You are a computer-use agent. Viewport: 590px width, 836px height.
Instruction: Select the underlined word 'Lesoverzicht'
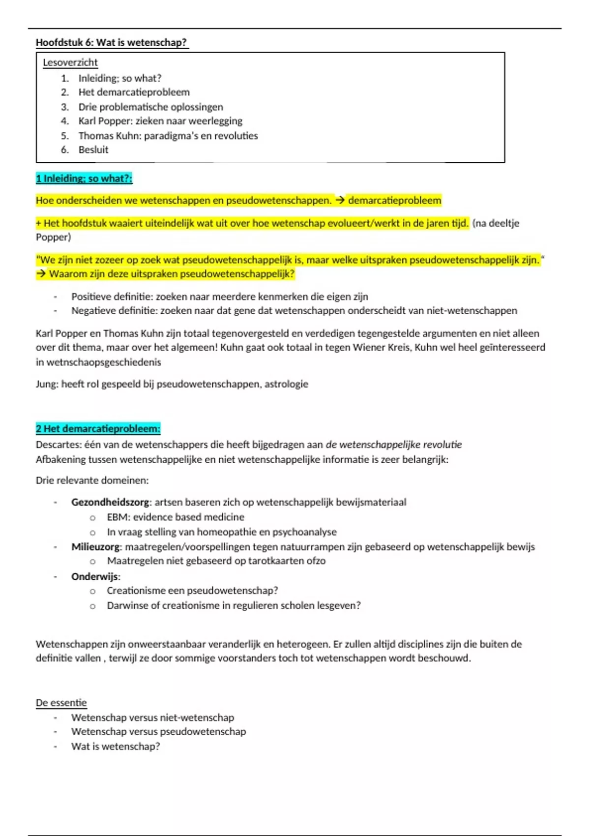70,62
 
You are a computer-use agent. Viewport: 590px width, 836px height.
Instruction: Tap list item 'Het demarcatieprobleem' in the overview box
134,92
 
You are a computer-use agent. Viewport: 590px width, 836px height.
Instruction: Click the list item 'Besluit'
93,149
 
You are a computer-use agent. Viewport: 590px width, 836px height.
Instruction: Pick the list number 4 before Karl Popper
64,121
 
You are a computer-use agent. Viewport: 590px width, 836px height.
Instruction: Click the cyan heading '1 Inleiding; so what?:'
84,179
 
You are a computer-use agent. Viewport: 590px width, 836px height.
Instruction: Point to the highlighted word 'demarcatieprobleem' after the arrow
394,201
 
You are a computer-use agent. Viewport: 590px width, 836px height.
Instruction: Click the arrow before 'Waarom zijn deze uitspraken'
41,274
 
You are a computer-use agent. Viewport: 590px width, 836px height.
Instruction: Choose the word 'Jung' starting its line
46,384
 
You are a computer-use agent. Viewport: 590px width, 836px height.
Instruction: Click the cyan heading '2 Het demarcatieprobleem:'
98,429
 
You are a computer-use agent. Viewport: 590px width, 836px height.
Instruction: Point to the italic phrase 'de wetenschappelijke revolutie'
393,445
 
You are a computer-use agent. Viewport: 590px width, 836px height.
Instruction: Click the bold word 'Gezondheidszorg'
110,502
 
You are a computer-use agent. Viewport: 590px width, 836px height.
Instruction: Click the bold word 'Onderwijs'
95,576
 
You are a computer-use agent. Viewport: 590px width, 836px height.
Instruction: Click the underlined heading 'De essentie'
61,703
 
